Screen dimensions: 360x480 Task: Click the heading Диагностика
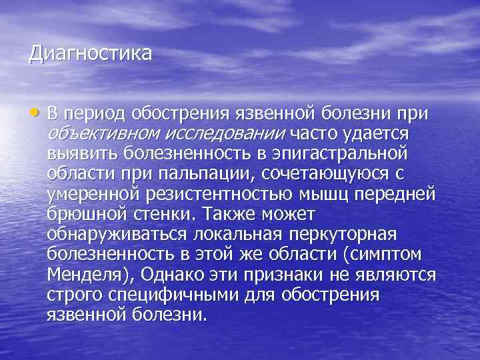tap(90, 53)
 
